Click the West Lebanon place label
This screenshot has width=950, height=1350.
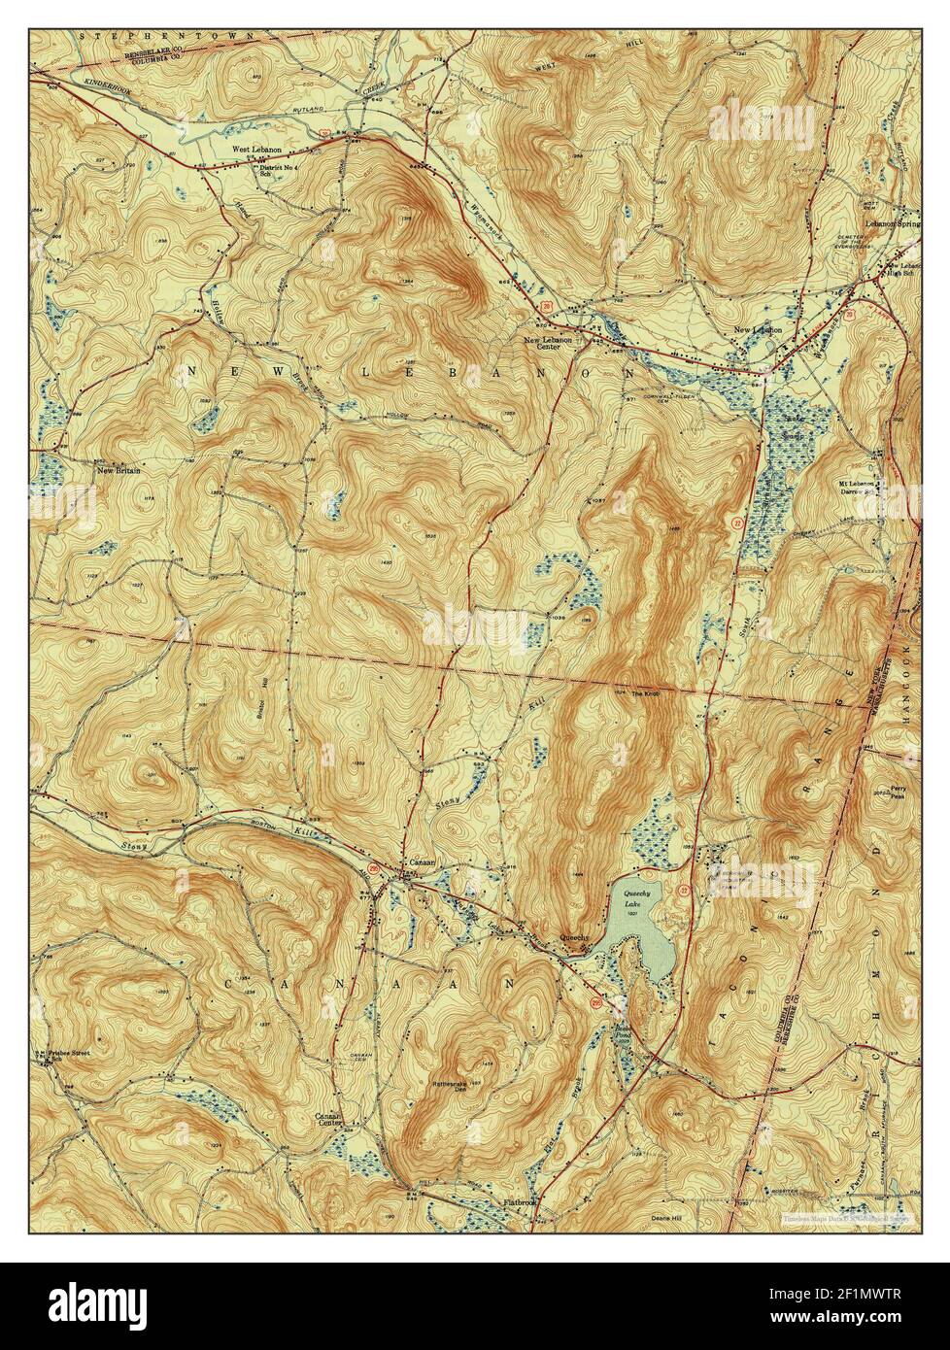click(255, 150)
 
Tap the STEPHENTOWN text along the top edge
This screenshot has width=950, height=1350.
click(165, 36)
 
